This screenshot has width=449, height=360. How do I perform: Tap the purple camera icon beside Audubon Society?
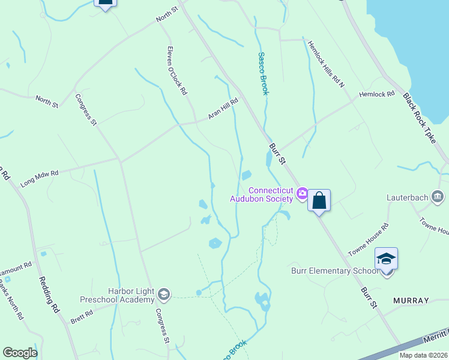click(x=302, y=193)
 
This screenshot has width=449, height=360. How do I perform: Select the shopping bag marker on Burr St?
click(x=319, y=200)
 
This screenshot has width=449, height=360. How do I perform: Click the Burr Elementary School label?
click(x=334, y=271)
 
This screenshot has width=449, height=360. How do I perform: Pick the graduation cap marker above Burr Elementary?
click(x=387, y=259)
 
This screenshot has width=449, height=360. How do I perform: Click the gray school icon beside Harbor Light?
click(x=164, y=295)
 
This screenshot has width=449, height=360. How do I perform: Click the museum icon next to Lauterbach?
click(x=438, y=196)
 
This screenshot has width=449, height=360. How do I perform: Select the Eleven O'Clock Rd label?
click(x=178, y=71)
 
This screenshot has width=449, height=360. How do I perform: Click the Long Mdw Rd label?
click(x=40, y=178)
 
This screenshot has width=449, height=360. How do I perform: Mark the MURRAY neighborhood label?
click(x=411, y=300)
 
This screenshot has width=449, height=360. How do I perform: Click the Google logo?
click(x=20, y=353)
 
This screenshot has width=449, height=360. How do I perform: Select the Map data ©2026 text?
click(x=423, y=355)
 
